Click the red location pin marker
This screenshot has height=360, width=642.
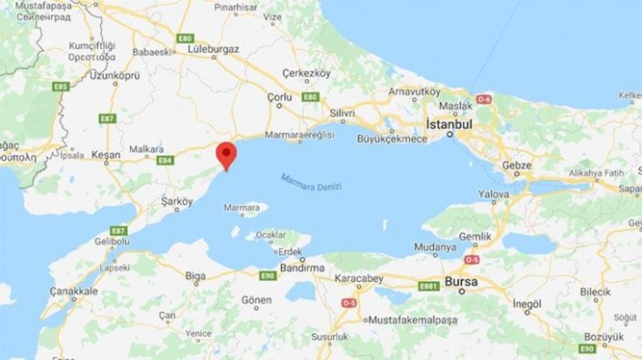[226, 152]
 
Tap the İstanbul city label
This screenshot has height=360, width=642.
[449, 124]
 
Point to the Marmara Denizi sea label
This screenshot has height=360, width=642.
[311, 183]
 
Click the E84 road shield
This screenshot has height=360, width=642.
[165, 160]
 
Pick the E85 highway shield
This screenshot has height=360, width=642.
[61, 87]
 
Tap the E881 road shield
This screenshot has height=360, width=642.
[429, 286]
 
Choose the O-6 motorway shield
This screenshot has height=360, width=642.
[484, 99]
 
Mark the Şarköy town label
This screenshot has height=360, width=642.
[177, 202]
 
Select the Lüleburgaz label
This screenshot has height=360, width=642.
[213, 49]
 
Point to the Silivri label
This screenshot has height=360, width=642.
[342, 113]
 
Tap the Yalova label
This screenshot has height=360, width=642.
[494, 194]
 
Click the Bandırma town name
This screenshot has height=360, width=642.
[302, 268]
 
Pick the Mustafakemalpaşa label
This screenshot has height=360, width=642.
[406, 320]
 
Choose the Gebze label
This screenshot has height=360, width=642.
[516, 165]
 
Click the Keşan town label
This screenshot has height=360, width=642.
[105, 155]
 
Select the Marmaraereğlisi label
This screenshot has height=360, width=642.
[299, 135]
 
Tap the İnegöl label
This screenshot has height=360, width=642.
[527, 304]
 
